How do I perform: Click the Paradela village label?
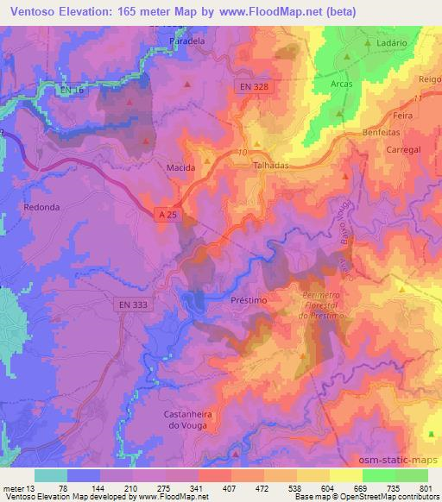tap(187, 41)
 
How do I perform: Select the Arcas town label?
tap(342, 85)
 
